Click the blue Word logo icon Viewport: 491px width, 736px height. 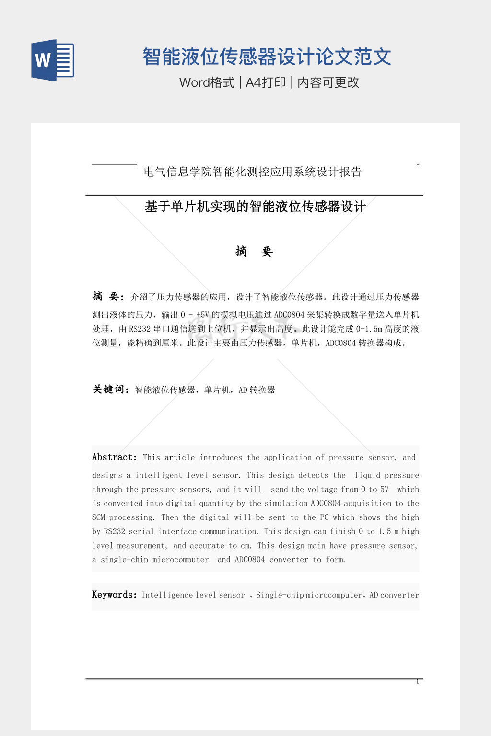[x=52, y=60]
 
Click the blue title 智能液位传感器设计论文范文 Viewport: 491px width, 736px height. [x=267, y=57]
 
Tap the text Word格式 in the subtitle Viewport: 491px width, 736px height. [x=207, y=82]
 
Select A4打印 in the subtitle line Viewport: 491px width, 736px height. [x=266, y=82]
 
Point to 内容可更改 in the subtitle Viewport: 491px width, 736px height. [x=328, y=82]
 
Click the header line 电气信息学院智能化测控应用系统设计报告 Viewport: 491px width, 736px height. [x=252, y=172]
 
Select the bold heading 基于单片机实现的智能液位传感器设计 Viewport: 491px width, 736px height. [x=255, y=207]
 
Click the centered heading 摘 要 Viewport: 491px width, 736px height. [x=254, y=251]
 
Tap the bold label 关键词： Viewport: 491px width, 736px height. [x=111, y=390]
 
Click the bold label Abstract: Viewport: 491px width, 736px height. [x=115, y=457]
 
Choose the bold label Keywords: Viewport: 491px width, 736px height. [x=115, y=595]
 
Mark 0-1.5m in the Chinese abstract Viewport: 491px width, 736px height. [x=369, y=329]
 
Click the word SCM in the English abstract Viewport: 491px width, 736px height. [x=98, y=517]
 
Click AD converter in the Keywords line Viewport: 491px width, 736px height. [x=394, y=595]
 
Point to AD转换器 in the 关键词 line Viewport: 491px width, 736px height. [x=257, y=390]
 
